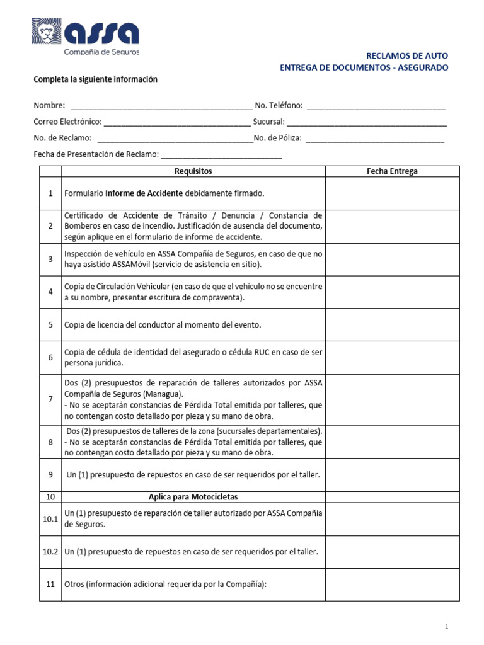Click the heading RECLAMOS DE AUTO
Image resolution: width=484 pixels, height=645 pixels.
[x=407, y=56]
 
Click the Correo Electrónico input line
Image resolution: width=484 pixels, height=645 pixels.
[x=176, y=122]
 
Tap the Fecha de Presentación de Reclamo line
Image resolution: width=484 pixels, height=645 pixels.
[x=222, y=155]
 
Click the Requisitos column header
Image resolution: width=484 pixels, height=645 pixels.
[x=193, y=171]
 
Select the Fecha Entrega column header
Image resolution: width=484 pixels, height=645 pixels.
[x=392, y=171]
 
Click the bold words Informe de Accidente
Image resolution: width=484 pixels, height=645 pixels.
[x=144, y=193]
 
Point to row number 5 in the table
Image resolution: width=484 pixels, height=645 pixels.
[x=50, y=325]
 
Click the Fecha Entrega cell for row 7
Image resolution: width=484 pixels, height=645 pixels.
[x=392, y=399]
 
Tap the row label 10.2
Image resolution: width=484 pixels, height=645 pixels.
[x=50, y=552]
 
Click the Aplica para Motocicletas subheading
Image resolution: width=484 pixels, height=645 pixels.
[x=193, y=497]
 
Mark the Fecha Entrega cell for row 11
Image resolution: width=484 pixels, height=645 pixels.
[x=392, y=585]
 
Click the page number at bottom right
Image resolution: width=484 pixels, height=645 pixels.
[x=446, y=627]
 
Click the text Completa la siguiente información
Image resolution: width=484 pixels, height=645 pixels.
[x=95, y=79]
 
